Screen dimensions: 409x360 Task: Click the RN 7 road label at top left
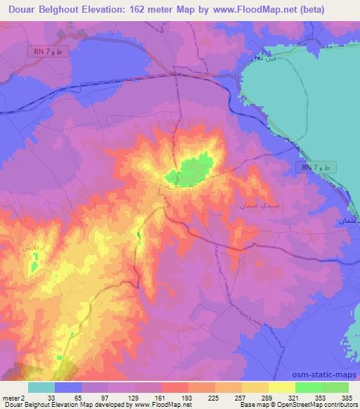[x=51, y=53]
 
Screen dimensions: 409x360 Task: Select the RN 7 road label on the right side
[x=317, y=167]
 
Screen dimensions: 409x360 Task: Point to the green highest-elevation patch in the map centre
[x=193, y=169]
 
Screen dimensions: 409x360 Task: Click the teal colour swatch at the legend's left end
[x=41, y=387]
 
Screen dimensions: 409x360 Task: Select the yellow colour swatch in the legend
[x=281, y=387]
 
